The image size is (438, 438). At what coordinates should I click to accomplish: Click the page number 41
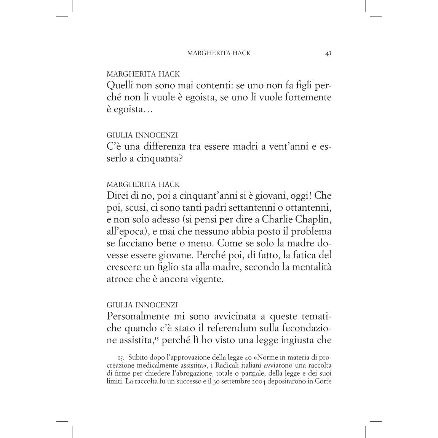pyautogui.click(x=328, y=53)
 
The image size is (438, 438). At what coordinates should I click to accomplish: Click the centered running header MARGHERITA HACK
pyautogui.click(x=219, y=53)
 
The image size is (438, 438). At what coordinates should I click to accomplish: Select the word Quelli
pyautogui.click(x=119, y=85)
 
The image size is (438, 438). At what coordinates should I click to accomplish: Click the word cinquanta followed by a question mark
pyautogui.click(x=159, y=158)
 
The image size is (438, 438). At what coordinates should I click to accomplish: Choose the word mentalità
pyautogui.click(x=311, y=267)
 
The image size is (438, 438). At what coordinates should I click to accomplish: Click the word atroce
pyautogui.click(x=120, y=279)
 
